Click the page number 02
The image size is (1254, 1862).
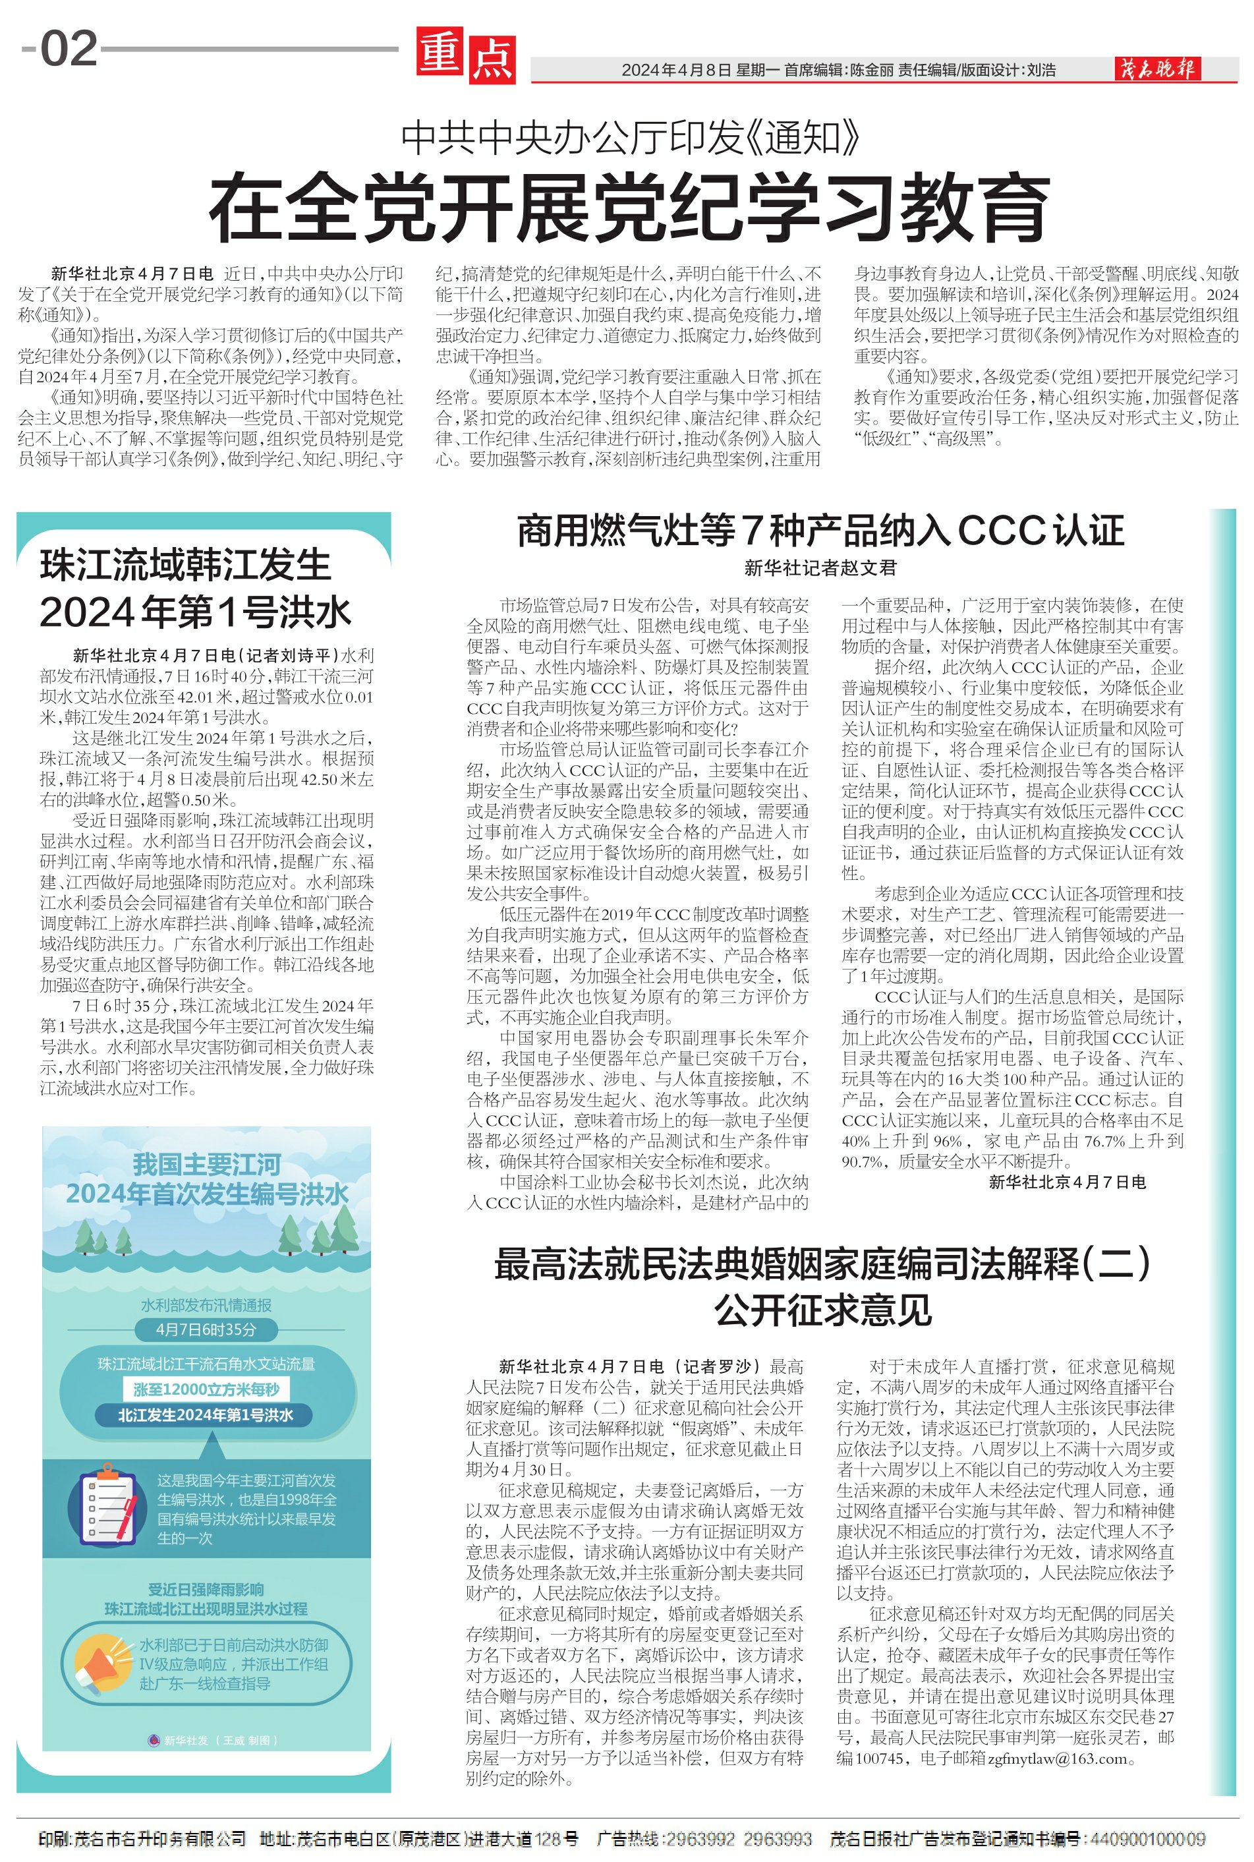coord(69,49)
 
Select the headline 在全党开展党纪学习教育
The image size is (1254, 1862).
coord(629,206)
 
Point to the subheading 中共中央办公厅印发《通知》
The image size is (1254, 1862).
coord(629,138)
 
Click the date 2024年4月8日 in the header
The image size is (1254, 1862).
coord(676,71)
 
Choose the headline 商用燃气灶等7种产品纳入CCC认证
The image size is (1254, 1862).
coord(820,531)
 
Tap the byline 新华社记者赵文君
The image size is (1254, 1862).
coord(820,568)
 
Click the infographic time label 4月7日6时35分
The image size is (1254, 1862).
coord(206,1329)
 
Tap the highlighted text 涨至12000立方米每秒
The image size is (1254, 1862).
coord(206,1389)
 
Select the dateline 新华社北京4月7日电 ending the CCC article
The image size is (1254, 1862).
coord(1067,1182)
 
